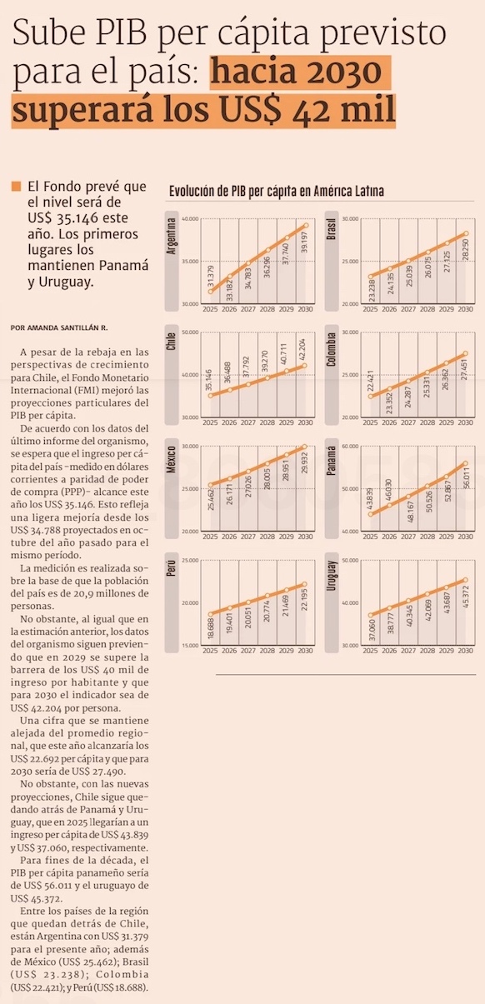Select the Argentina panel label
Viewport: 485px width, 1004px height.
[171, 236]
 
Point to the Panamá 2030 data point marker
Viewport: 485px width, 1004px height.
[466, 463]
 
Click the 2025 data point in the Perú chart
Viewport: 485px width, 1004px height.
[210, 614]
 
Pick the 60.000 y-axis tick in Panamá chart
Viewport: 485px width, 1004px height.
[351, 447]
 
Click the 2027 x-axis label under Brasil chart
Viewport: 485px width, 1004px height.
[408, 309]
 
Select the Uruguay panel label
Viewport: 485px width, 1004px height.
[332, 576]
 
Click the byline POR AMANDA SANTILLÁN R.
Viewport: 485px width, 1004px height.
[59, 327]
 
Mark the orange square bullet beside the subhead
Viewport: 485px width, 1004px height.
[16, 187]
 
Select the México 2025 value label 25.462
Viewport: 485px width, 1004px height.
[211, 498]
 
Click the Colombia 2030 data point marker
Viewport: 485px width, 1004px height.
[466, 353]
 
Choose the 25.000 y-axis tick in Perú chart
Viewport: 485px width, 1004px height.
[191, 560]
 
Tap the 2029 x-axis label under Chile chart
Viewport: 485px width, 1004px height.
[287, 422]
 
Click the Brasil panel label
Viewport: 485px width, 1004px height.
[332, 230]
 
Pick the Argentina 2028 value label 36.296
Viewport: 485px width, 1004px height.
[267, 267]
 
